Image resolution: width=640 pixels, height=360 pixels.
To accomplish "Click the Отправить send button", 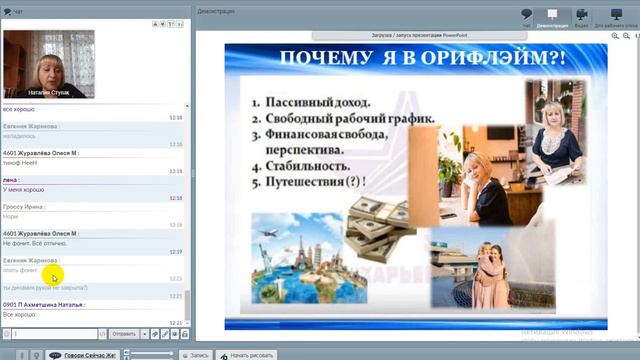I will pyautogui.click(x=124, y=334).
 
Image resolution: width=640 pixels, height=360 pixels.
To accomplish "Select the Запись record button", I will pyautogui.click(x=196, y=354).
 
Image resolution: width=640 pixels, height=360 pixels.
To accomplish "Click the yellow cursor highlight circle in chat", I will pyautogui.click(x=52, y=276).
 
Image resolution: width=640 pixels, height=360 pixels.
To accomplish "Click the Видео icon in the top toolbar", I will pyautogui.click(x=581, y=16).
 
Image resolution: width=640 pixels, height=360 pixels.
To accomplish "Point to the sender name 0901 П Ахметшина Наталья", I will pyautogui.click(x=44, y=304).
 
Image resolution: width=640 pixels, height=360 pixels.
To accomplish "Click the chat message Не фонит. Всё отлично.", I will pyautogui.click(x=35, y=243).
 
